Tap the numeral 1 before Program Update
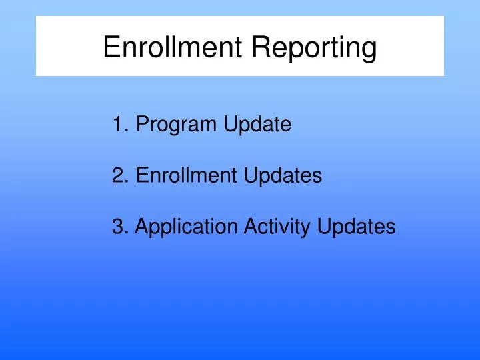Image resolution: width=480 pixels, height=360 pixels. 118,124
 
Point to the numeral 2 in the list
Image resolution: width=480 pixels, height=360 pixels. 119,176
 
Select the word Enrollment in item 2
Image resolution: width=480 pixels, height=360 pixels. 187,176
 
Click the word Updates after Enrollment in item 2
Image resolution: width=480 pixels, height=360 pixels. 283,177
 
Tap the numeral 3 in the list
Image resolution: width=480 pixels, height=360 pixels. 119,227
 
